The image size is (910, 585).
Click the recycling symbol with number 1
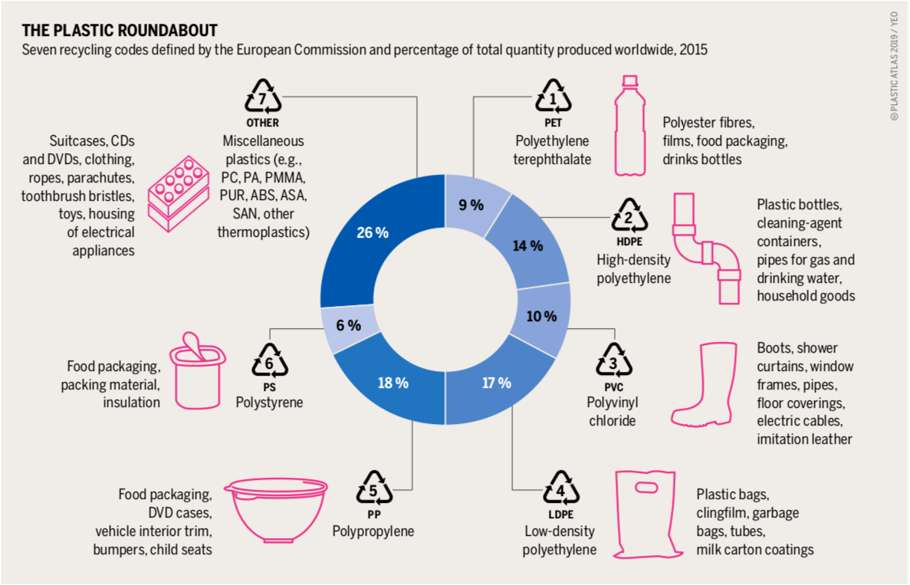553,98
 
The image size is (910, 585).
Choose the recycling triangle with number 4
561,491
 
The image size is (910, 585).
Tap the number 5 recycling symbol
374,491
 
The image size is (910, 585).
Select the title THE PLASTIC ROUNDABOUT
120,31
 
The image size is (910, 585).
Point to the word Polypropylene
373,531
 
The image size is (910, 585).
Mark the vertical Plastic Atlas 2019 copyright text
895,69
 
